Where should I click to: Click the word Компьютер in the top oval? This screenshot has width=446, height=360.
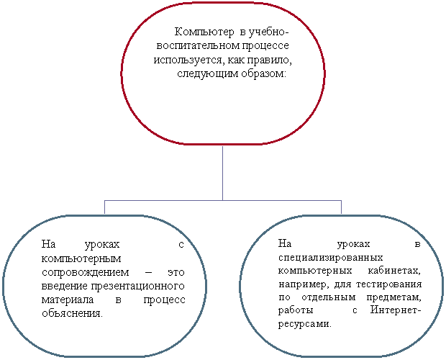coord(204,32)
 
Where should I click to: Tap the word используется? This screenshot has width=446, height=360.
coord(189,60)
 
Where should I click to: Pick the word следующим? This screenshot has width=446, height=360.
coord(208,73)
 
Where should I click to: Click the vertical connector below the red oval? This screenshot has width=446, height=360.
coord(222,173)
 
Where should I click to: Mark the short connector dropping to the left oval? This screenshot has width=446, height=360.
coord(105,207)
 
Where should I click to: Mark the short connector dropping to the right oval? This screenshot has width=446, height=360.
coord(341,207)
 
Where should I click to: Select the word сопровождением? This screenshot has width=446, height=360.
coord(86,272)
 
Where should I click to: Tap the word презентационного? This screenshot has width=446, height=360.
coord(138,286)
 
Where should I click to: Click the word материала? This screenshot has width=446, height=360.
coord(68,300)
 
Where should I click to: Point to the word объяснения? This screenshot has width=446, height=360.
coord(72,313)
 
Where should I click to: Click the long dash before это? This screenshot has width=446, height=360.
coord(148,273)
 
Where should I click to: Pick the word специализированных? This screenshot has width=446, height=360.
coord(330,258)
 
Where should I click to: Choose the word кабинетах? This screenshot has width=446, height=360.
coord(394,271)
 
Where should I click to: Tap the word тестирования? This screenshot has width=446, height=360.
coord(389,284)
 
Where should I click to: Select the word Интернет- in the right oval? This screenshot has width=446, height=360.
coord(396,310)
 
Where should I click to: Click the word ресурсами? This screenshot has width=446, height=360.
coord(305,324)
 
